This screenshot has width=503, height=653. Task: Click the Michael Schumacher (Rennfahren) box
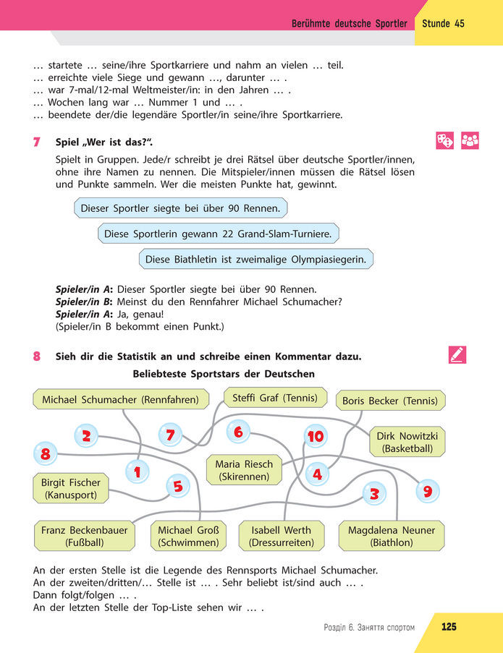click(x=121, y=399)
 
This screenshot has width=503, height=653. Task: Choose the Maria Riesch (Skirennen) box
click(x=244, y=470)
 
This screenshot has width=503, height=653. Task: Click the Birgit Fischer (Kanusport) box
click(x=70, y=489)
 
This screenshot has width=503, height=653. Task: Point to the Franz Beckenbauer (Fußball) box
click(x=84, y=536)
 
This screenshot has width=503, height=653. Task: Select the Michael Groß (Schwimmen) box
click(x=188, y=536)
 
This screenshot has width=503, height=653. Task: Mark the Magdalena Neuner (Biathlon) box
click(x=392, y=536)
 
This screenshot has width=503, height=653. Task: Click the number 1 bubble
click(x=137, y=472)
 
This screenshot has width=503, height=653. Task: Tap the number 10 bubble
click(x=316, y=436)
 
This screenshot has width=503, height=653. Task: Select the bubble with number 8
click(x=45, y=454)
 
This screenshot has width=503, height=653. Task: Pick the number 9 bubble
click(x=427, y=492)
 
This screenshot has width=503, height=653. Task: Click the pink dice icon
click(x=444, y=140)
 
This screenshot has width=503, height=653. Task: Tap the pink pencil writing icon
click(x=457, y=355)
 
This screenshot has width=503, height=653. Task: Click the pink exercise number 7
click(x=36, y=142)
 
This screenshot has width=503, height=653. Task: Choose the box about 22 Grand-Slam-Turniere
click(x=218, y=234)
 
